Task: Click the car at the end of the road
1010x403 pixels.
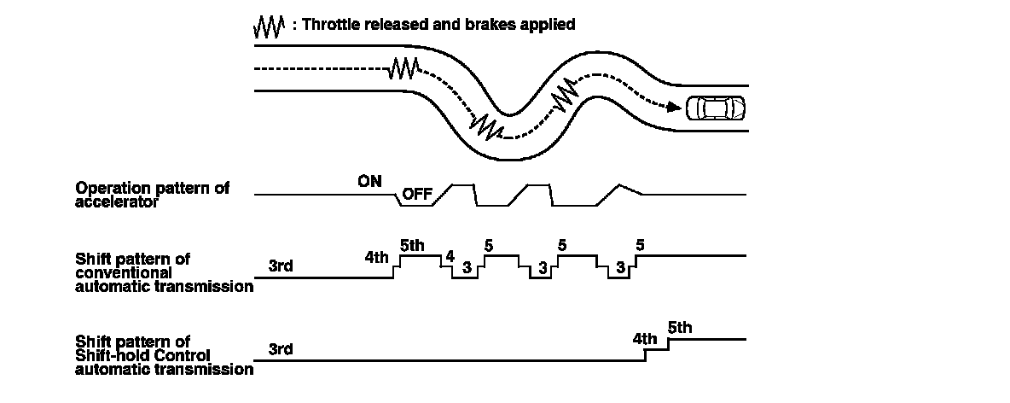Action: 716,108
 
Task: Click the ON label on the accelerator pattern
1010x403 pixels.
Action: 370,181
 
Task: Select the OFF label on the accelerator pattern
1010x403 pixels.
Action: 417,194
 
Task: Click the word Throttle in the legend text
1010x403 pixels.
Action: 332,24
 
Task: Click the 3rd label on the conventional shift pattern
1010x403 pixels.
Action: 281,266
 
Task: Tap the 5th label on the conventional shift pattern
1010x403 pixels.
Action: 411,246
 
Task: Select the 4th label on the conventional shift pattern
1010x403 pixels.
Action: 376,257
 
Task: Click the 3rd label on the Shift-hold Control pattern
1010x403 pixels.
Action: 281,349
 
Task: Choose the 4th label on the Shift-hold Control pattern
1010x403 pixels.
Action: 645,339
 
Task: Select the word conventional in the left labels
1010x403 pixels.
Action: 119,272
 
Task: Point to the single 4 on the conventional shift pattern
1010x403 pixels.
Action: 450,256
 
